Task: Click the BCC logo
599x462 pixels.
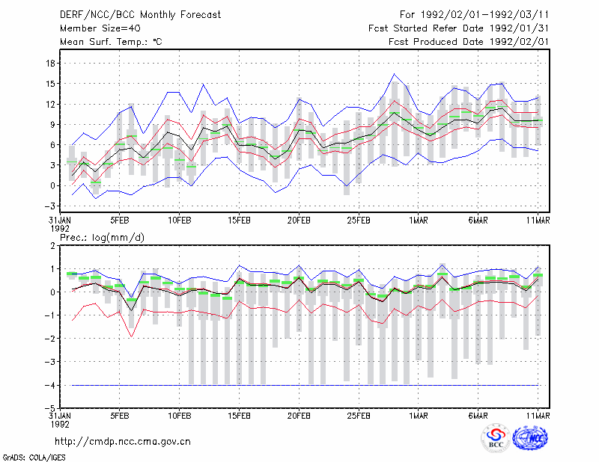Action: click(496, 438)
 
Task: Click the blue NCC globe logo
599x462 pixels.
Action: click(530, 438)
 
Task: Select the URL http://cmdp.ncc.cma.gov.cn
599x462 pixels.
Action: click(123, 442)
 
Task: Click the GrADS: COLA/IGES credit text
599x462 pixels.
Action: click(34, 458)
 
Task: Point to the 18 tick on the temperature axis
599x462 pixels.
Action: click(50, 64)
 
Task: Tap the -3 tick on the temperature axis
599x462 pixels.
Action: click(49, 206)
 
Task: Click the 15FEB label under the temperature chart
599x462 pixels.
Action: click(239, 221)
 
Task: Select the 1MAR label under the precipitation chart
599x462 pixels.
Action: click(419, 416)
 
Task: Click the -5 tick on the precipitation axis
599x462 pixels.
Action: click(49, 408)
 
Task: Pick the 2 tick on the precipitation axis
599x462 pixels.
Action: click(52, 246)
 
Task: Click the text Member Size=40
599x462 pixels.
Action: click(100, 28)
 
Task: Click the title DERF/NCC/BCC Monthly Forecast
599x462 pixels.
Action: click(140, 15)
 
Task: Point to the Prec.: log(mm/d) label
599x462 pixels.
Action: click(102, 238)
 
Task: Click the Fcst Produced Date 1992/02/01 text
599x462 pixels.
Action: click(469, 42)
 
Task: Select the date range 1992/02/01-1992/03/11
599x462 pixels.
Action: click(484, 15)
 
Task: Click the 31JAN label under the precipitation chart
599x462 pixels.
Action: click(60, 416)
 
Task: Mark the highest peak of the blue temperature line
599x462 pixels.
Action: click(395, 74)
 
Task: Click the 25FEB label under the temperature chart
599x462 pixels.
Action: click(359, 221)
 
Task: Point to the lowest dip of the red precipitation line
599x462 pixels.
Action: click(132, 337)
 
